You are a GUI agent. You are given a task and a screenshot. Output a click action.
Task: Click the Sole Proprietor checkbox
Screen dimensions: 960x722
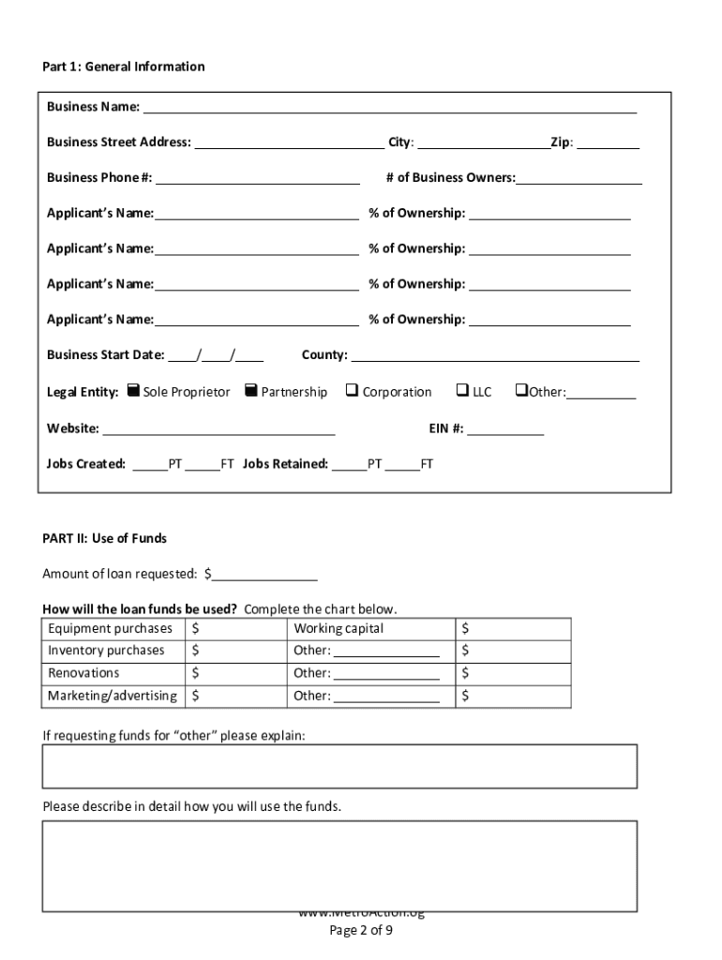tap(133, 390)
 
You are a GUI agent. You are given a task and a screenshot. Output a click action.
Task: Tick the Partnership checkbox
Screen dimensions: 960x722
tap(250, 390)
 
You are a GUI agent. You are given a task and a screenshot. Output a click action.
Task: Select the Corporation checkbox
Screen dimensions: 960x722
tap(352, 390)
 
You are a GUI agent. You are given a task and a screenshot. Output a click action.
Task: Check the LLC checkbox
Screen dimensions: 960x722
tap(462, 390)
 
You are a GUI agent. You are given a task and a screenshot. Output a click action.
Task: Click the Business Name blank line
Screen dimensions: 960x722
tap(389, 107)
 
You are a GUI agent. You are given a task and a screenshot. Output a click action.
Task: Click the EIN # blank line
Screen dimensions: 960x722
tap(504, 429)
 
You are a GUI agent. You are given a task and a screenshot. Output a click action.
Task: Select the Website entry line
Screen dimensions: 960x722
tap(218, 429)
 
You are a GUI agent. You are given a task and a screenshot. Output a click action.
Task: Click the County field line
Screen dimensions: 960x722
tap(495, 355)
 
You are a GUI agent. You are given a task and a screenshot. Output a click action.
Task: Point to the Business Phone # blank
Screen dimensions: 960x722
tap(258, 178)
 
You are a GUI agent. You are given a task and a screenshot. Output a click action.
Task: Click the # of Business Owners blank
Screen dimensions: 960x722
tap(579, 178)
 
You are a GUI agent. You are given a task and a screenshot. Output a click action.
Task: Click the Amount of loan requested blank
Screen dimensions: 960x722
tap(264, 574)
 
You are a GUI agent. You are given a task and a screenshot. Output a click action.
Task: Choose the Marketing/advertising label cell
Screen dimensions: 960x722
tap(113, 696)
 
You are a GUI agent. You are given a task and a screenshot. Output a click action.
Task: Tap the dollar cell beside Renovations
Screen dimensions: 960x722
tap(235, 673)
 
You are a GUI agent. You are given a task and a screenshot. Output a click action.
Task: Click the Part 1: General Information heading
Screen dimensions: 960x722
tap(124, 67)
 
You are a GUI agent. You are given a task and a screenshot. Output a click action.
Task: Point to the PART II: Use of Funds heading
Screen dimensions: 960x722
tap(104, 538)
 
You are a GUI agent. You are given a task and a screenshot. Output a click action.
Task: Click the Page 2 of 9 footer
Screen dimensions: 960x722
tap(361, 931)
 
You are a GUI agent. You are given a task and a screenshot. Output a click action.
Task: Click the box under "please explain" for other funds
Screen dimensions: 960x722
tap(339, 766)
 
